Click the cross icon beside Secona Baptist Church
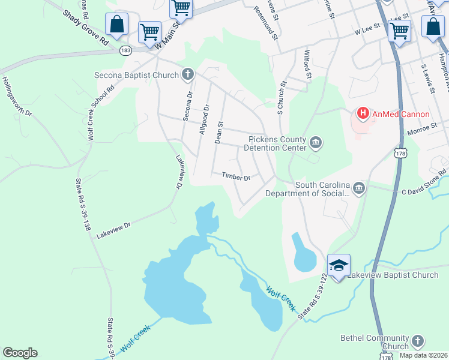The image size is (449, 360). click(188, 75)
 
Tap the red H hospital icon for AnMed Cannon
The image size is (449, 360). click(363, 112)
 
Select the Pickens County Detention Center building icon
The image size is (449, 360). click(316, 143)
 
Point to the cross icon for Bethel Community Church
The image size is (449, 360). click(417, 341)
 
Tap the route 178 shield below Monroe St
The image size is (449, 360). click(400, 154)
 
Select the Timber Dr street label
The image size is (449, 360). click(235, 176)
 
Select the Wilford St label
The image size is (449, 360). click(309, 65)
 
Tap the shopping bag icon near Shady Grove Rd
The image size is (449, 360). click(117, 24)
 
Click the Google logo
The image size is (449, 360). click(20, 353)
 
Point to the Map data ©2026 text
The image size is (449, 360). click(423, 355)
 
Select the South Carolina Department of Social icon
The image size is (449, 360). click(358, 188)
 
